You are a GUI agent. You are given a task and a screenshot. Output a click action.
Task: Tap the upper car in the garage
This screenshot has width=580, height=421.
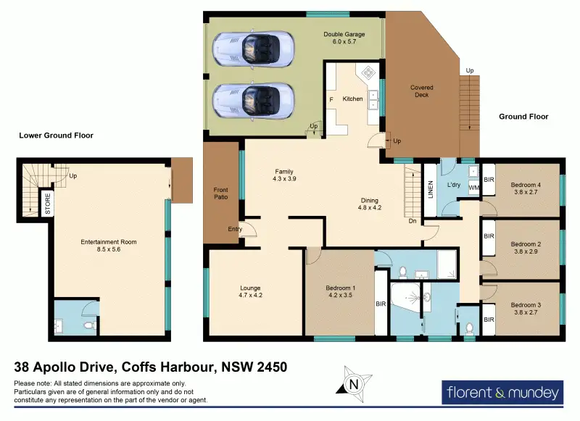tap(253, 49)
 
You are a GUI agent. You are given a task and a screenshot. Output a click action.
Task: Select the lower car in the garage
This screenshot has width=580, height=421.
tap(253, 101)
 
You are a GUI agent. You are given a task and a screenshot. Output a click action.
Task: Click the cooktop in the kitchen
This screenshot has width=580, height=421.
tap(368, 72)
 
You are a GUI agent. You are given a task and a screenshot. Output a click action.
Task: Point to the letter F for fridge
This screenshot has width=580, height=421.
tap(331, 100)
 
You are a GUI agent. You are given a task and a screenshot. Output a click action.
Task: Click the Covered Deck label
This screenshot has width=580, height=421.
tap(422, 91)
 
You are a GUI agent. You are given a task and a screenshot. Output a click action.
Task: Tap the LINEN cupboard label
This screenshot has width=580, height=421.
tap(430, 190)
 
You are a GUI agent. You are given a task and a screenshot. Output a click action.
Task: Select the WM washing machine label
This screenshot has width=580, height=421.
tap(473, 188)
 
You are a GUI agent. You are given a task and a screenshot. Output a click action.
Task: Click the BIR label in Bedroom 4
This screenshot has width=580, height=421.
tap(489, 180)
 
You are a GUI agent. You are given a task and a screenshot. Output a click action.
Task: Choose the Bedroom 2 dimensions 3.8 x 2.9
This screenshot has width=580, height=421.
tap(526, 251)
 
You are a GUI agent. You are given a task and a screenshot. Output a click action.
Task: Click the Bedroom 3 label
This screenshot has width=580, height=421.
tap(526, 305)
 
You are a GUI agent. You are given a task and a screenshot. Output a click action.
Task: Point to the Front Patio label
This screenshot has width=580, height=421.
tap(221, 193)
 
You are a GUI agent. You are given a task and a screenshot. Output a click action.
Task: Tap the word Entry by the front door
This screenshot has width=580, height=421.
tap(235, 229)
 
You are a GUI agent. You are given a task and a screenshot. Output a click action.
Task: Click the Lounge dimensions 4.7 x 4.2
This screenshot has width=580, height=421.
tap(250, 295)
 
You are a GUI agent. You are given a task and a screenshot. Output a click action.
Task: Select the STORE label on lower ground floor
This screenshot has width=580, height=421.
tap(47, 204)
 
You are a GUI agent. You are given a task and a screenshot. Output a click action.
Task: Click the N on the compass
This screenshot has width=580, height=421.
tap(354, 385)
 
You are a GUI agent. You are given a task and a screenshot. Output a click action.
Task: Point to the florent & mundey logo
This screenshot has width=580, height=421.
tap(502, 392)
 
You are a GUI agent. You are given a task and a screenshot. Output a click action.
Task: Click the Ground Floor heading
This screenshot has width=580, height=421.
tap(523, 117)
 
